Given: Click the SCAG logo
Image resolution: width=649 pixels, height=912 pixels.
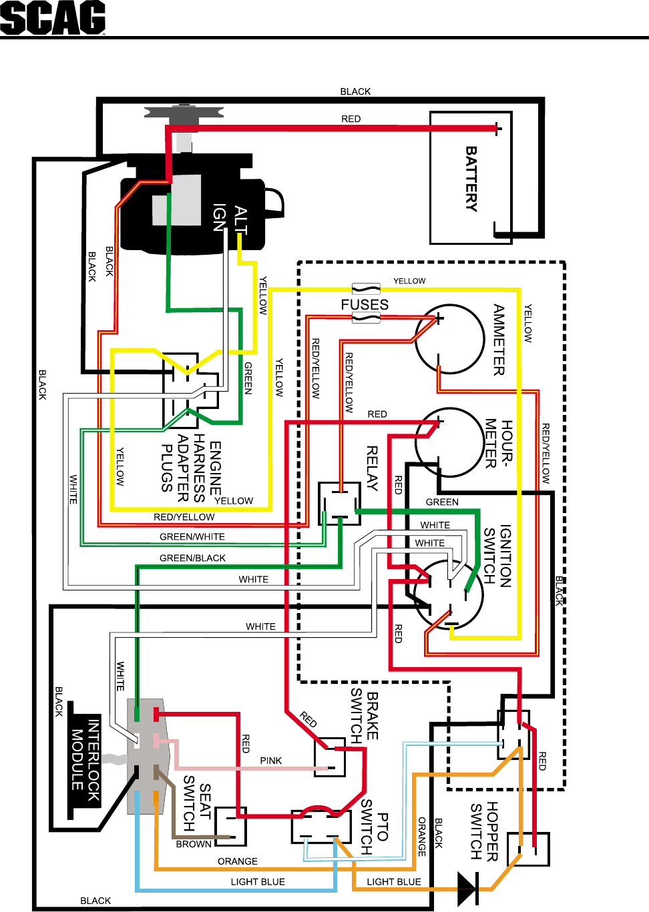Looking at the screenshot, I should click(53, 18).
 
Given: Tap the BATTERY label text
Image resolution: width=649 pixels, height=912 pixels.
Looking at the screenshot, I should click(471, 179).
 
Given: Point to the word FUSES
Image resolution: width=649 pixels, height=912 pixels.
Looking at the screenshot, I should click(365, 305).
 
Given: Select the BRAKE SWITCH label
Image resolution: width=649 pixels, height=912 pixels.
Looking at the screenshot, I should click(365, 716).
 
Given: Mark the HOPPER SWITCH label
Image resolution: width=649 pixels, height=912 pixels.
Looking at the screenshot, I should click(484, 831).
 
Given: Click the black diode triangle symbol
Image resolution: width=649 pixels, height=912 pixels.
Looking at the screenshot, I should click(468, 889).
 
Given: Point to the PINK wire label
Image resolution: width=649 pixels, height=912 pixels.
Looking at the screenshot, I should click(271, 761).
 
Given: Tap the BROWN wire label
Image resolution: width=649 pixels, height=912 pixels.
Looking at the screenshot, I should click(194, 844).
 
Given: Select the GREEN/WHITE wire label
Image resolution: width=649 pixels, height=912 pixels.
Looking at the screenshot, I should click(192, 536).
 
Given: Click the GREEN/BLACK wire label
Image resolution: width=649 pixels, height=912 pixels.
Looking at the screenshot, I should click(192, 558).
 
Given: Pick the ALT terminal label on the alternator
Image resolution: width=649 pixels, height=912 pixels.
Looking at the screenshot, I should click(240, 221).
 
